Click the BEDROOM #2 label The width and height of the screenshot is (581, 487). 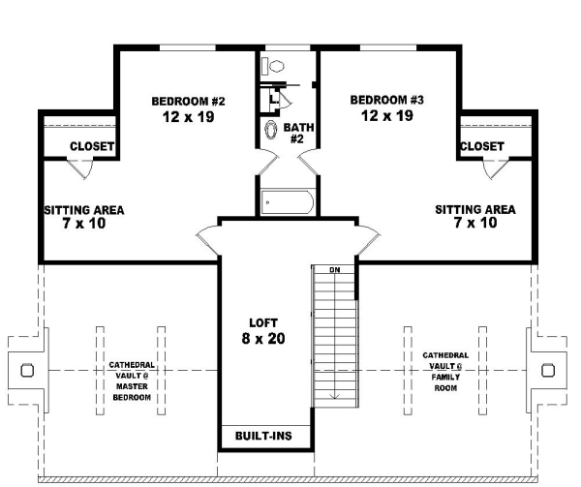pos(188,101)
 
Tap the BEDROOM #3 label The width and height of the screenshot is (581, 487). pos(387,100)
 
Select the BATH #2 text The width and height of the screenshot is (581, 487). pos(296,133)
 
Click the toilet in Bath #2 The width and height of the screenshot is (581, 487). pos(276,67)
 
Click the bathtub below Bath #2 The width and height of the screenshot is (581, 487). pos(288,202)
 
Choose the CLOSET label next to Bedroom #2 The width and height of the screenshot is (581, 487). pos(92,147)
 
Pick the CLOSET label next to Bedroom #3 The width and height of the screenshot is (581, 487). pos(481,146)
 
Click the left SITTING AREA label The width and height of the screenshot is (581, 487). pos(84,209)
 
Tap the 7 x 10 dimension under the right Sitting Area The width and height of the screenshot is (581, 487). pos(474,223)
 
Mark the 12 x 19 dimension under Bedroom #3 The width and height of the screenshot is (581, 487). pos(387,116)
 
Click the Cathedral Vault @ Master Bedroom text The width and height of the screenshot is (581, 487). pos(130,380)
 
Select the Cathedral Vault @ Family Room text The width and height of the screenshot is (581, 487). pos(446,371)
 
